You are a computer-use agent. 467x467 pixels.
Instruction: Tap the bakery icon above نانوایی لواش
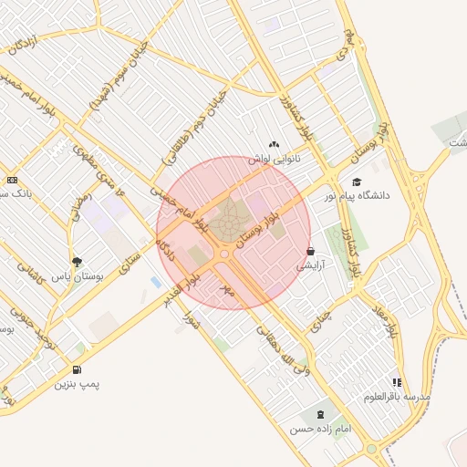pos(274,143)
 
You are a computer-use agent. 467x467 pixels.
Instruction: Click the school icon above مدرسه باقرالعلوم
pos(396,383)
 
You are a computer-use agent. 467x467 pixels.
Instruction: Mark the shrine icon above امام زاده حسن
pos(318,414)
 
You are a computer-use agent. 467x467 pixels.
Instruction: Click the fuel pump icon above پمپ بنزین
pos(76,369)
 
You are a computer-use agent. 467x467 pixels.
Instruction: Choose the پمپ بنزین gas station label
pos(77,384)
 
